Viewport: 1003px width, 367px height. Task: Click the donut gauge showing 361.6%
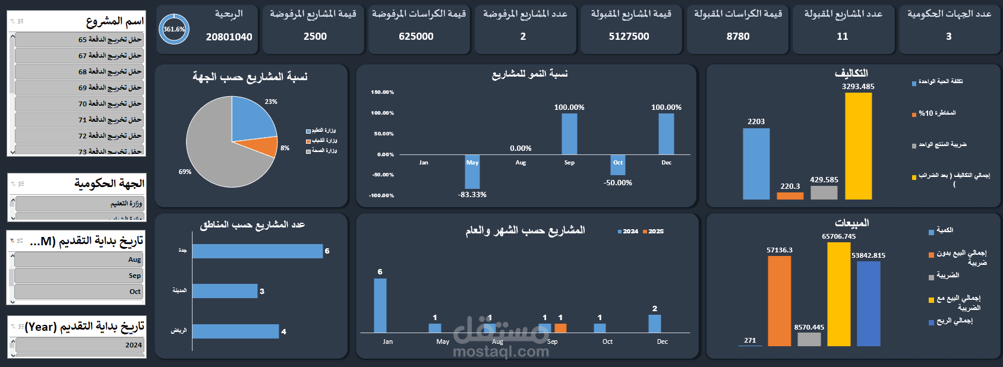174,29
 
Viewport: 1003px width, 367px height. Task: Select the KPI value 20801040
229,37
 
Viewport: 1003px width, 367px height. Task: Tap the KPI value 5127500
629,37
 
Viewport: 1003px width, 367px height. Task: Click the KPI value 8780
738,37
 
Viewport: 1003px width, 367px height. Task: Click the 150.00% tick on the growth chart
382,93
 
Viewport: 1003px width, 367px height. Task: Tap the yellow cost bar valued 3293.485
858,146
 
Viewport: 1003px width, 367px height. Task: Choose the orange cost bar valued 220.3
790,196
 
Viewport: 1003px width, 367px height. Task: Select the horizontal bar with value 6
257,251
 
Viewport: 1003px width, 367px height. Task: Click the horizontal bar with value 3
225,291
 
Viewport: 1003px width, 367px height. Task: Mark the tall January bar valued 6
380,305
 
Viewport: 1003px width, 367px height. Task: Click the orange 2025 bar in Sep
560,328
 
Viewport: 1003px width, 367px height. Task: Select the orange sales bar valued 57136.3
779,300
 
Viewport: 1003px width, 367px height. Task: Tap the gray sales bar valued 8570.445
809,339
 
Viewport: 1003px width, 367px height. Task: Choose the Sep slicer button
79,276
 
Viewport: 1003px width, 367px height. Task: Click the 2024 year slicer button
79,345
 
